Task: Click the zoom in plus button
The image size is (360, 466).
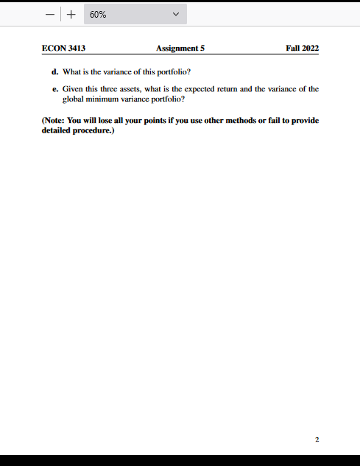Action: (71, 14)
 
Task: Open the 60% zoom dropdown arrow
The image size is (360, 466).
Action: (174, 14)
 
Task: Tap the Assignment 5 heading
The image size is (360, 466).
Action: (180, 49)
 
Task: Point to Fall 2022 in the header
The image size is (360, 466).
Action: (302, 49)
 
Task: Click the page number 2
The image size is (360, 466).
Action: (317, 439)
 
